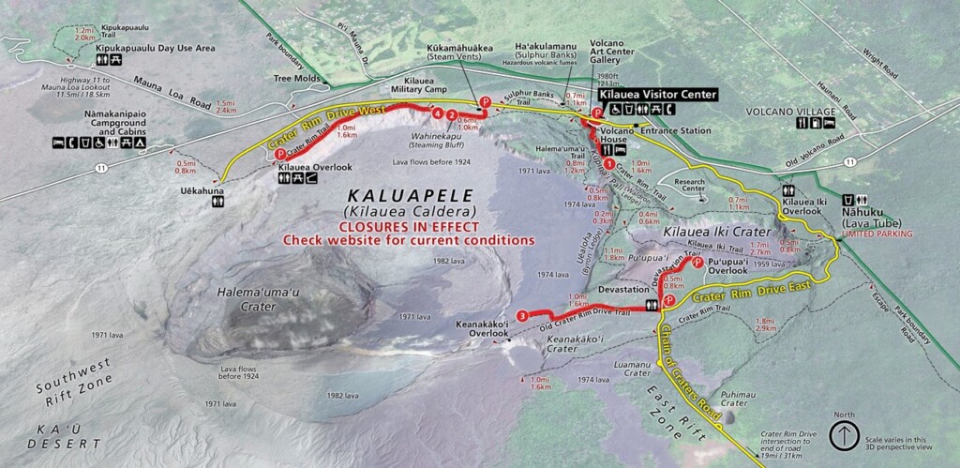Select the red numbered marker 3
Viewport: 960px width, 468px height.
(522, 315)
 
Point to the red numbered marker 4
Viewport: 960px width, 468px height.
(437, 113)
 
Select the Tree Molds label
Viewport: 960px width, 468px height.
(294, 79)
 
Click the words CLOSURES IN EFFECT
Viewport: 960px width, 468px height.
(408, 227)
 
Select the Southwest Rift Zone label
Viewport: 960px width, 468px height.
(74, 376)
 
